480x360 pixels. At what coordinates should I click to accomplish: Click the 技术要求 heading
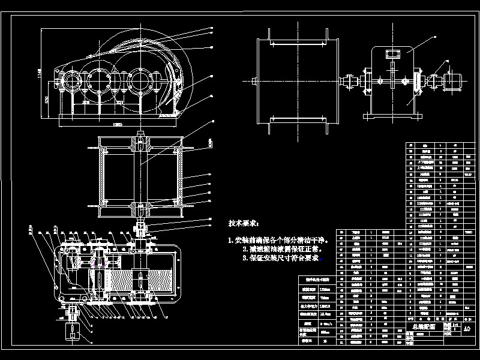(243, 223)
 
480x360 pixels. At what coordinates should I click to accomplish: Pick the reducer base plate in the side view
(393, 113)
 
